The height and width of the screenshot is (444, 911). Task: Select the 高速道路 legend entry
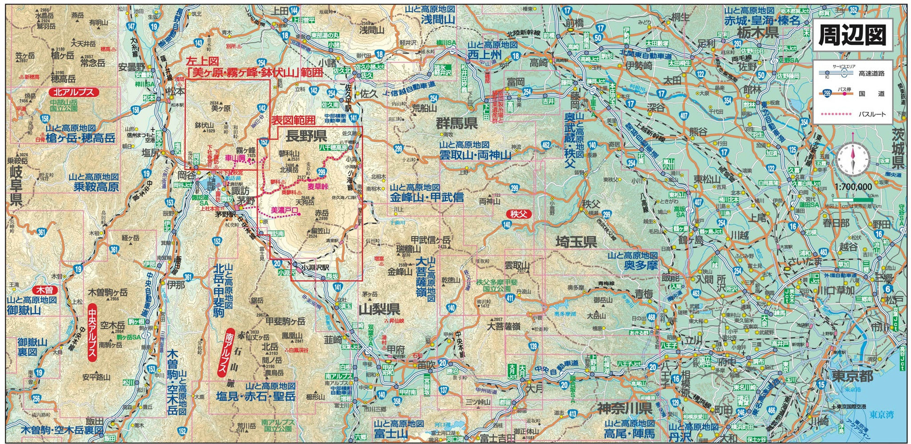tap(871, 73)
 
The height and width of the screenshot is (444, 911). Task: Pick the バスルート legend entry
tap(872, 114)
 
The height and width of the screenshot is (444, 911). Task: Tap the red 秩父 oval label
tap(518, 215)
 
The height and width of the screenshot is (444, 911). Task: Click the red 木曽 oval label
tap(45, 290)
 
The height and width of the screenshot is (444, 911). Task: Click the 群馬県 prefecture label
tap(457, 124)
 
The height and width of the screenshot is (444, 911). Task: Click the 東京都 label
tap(854, 376)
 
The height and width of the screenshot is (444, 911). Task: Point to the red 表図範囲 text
tap(294, 120)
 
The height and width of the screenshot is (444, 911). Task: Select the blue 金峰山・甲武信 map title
tap(426, 197)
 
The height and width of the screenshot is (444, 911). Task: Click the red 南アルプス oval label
tap(228, 351)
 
